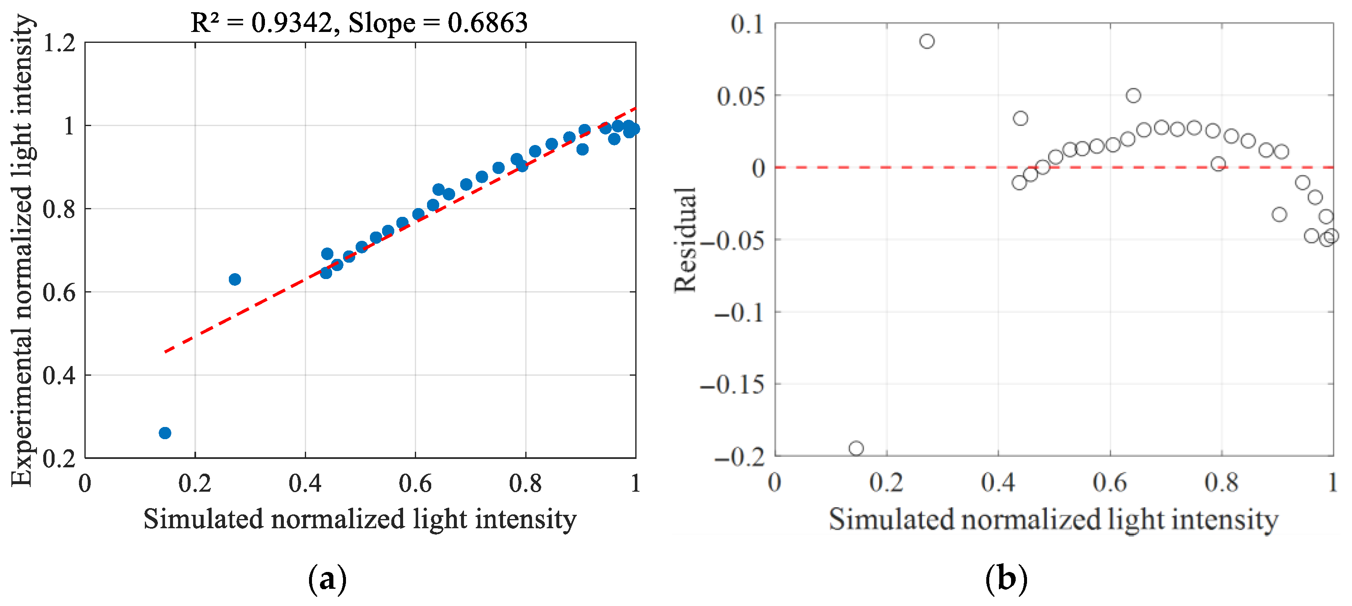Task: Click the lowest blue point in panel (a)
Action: coord(165,433)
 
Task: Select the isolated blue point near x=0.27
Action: coord(235,279)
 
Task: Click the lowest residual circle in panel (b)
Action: coord(856,448)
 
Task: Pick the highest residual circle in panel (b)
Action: coord(927,41)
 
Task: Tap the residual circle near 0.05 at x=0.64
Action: coord(1133,95)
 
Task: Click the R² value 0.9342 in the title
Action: coord(291,23)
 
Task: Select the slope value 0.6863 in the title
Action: coord(487,23)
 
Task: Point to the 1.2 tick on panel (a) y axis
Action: coord(59,42)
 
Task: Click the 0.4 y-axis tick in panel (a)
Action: coord(59,375)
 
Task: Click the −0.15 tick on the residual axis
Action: coord(732,385)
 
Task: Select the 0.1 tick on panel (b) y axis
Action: coord(747,24)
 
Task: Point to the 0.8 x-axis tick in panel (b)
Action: coord(1222,482)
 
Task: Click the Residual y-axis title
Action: coord(685,239)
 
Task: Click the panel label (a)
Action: coord(328,579)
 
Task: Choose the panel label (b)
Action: coord(1006,579)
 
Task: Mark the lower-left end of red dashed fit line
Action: coord(165,352)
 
